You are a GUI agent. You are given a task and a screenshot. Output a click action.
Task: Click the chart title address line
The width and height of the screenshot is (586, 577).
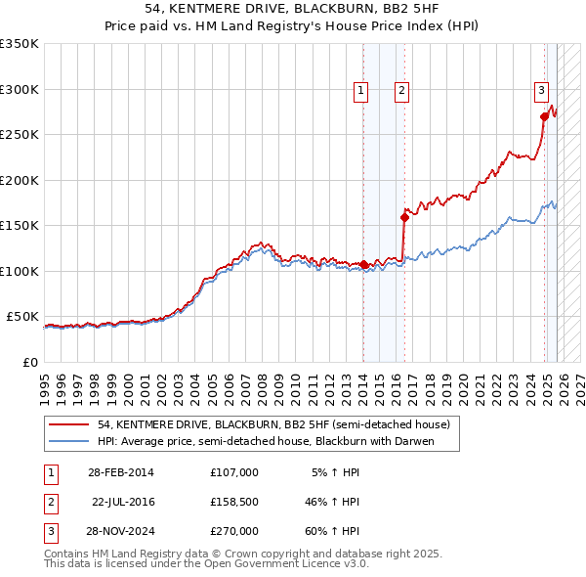pos(292,9)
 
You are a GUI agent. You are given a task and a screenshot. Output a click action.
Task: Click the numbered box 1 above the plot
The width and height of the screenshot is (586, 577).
pos(360,91)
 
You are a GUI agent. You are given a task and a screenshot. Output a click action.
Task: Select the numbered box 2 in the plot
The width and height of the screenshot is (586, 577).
pos(401,91)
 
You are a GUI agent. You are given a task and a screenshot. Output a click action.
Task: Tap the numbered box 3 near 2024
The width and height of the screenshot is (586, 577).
pos(541,91)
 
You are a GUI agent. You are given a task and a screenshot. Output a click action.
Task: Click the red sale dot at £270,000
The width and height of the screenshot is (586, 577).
pos(544,116)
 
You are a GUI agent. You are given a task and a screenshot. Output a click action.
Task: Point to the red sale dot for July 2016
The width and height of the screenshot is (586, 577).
pos(404,217)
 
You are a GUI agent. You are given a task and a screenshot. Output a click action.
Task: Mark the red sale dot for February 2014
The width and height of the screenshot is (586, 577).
pos(364,264)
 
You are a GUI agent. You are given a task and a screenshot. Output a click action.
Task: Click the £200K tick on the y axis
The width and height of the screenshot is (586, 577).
pos(20,180)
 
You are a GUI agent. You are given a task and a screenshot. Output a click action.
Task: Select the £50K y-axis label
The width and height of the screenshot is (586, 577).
pos(22,317)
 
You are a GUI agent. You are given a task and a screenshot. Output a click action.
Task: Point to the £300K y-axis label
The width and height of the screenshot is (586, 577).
pos(20,89)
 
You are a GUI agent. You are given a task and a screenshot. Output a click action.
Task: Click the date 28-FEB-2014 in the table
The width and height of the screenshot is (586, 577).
pos(120,472)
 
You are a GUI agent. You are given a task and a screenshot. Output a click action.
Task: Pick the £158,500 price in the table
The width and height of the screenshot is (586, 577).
pos(233,502)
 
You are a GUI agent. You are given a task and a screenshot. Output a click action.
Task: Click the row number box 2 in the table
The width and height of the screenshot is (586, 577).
pos(49,502)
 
